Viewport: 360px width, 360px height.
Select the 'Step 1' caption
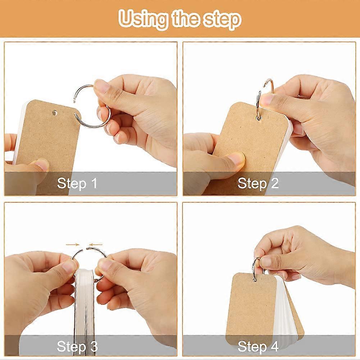coord(77,183)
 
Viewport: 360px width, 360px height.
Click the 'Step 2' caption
coord(258,183)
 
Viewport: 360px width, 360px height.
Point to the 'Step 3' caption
coord(77,346)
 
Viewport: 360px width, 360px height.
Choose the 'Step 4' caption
coord(258,346)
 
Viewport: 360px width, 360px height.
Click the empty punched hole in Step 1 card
coord(55,113)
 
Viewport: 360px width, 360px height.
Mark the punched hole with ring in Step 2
coord(259,118)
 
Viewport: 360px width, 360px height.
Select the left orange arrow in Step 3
coord(72,245)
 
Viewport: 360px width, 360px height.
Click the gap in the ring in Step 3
coord(84,249)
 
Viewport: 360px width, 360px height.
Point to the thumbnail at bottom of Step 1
coord(41,164)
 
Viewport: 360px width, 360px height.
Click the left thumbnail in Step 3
coord(69,267)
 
